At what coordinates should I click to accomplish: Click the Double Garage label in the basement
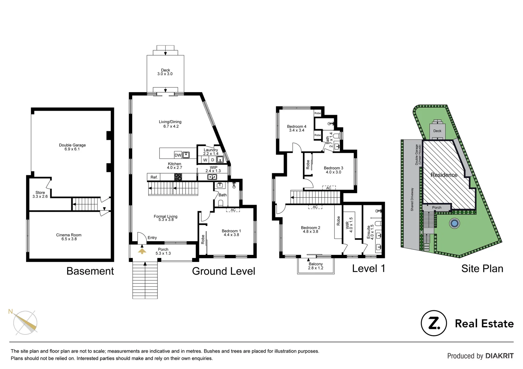pos(72,147)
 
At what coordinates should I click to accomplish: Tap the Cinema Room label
pos(69,237)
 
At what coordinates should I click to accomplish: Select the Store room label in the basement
pos(40,194)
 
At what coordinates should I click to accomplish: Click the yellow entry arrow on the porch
pos(142,251)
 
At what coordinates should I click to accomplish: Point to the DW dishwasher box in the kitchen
pos(178,155)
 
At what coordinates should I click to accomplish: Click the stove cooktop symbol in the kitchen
pos(178,177)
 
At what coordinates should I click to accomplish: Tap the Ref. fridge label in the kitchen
pos(154,177)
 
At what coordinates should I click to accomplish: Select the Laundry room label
pos(211,152)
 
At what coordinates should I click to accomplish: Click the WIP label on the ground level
pos(213,169)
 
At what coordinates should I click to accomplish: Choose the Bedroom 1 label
pos(231,233)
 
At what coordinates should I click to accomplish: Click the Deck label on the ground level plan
pos(165,72)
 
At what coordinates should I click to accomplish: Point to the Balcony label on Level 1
pos(316,266)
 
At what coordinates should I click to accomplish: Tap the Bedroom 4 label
pos(296,128)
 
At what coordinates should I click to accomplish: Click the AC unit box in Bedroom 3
pos(329,188)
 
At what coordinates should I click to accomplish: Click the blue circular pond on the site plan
pos(454,223)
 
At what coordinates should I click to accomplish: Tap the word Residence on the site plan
pos(444,175)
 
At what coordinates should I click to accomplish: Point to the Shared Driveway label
pos(412,199)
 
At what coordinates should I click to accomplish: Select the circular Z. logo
pos(434,323)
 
